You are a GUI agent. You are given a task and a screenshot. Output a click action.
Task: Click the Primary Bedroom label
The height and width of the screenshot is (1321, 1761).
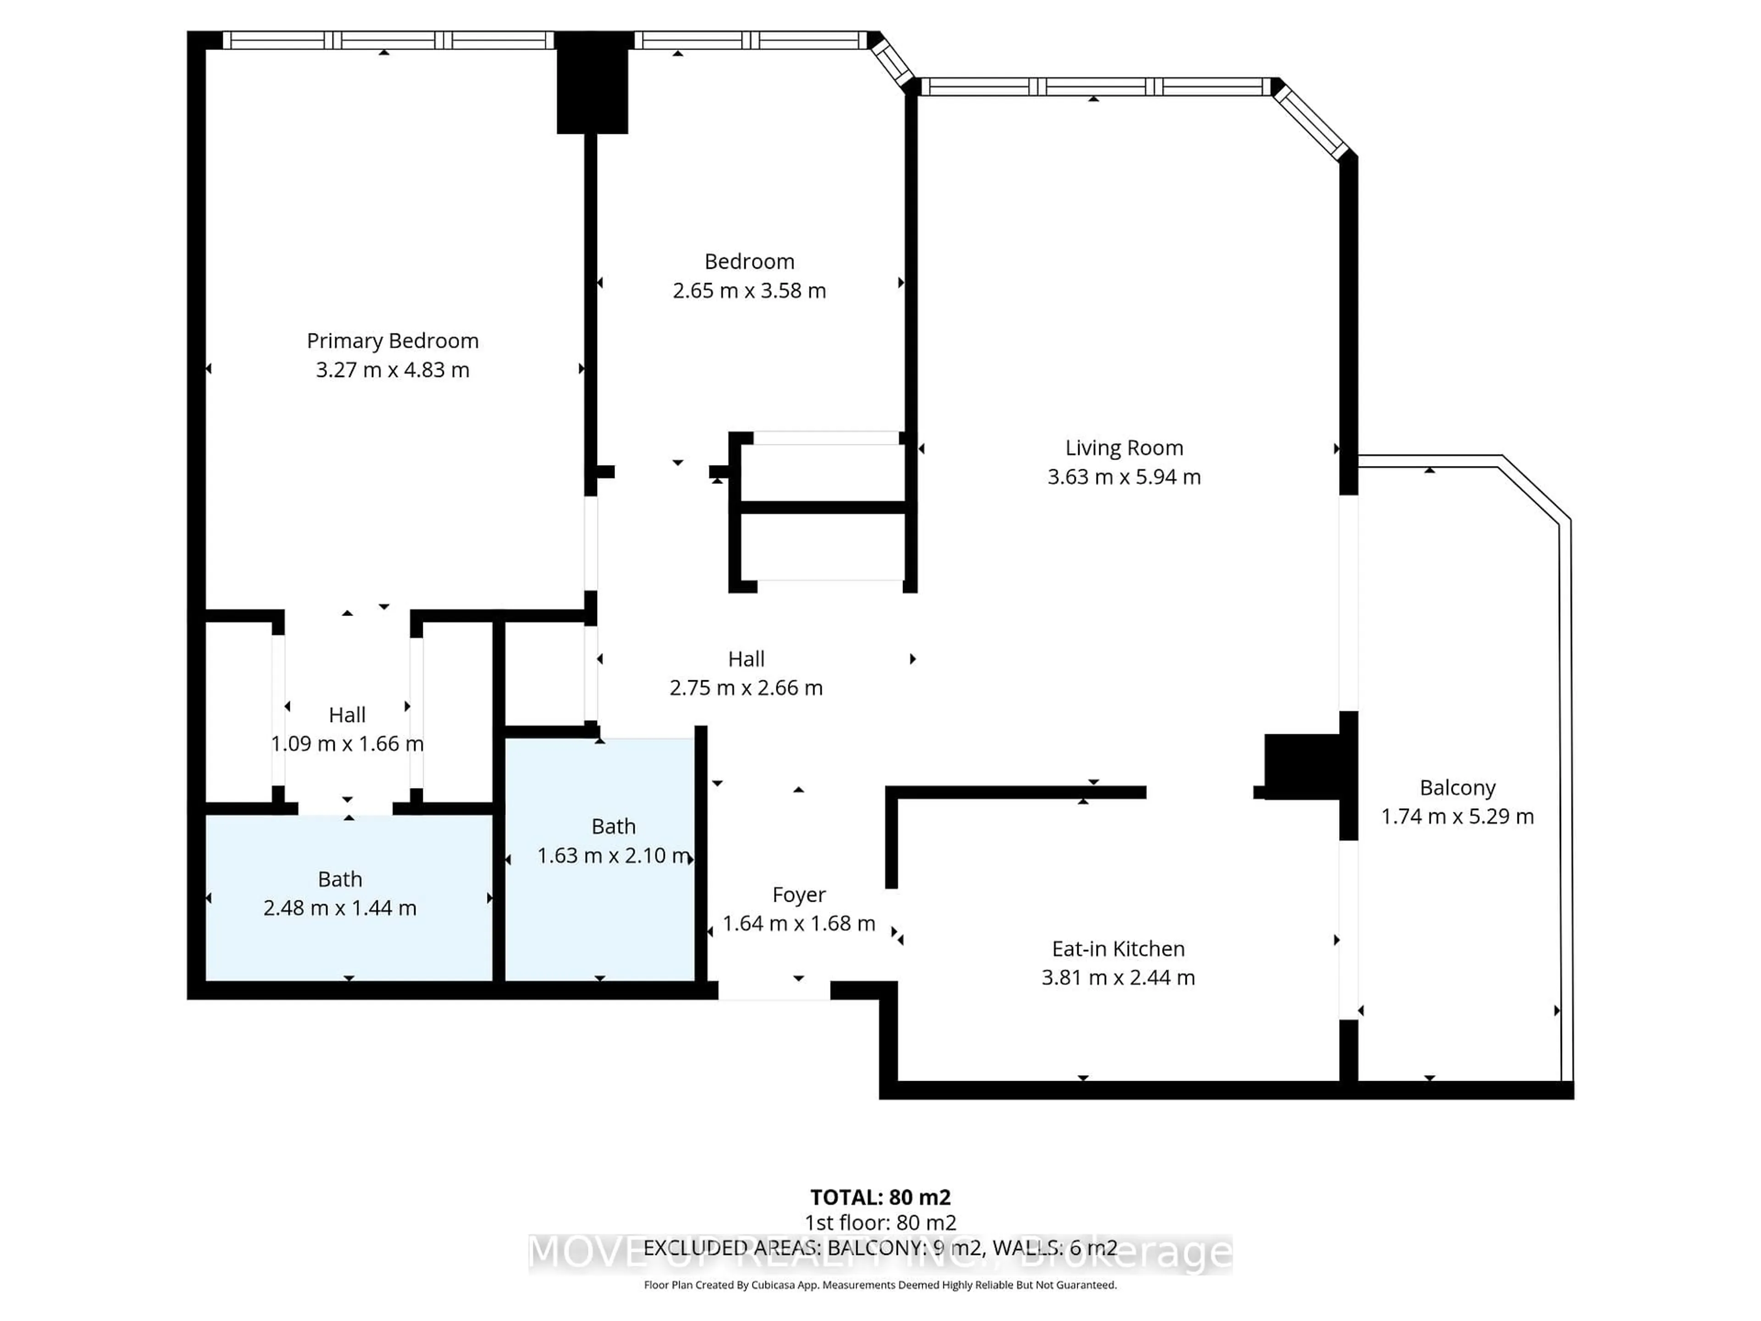pos(393,341)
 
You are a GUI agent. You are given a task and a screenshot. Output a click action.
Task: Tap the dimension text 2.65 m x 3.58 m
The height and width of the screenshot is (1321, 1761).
pos(749,291)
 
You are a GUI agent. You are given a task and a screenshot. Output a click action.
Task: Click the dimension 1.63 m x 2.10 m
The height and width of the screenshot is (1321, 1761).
pos(613,856)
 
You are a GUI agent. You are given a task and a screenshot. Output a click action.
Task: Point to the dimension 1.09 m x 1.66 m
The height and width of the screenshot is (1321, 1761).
pos(347,744)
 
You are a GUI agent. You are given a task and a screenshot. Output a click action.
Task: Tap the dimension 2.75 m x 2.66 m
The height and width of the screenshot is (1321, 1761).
pos(746,688)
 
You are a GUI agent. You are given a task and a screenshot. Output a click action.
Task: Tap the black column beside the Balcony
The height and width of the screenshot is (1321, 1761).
pos(1302,767)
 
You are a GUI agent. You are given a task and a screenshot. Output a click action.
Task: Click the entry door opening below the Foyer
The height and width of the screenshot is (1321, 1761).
pos(774,991)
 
